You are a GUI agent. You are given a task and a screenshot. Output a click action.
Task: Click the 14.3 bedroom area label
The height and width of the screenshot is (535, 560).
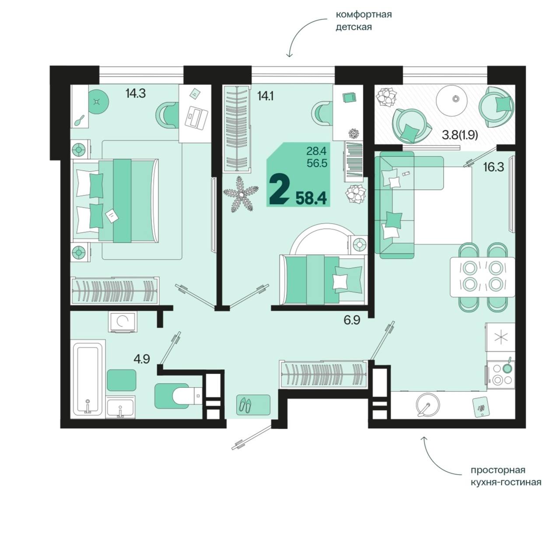(x=136, y=94)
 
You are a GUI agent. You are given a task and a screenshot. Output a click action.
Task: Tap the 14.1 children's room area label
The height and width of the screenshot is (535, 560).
(x=265, y=96)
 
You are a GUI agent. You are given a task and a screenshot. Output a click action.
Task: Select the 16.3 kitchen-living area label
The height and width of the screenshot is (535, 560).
(x=493, y=167)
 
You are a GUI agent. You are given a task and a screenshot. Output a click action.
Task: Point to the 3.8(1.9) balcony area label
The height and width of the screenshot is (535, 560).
(x=459, y=135)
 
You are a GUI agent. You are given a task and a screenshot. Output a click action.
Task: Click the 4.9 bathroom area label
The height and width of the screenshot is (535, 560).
(x=142, y=359)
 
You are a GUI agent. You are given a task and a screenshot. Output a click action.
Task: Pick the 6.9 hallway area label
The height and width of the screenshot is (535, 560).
(x=352, y=320)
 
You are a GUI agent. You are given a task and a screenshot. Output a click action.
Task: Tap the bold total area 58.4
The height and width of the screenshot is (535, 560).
(x=311, y=198)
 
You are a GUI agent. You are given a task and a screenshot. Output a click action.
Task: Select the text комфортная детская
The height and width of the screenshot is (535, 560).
(x=364, y=21)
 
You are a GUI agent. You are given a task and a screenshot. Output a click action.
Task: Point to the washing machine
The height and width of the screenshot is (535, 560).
(x=123, y=322)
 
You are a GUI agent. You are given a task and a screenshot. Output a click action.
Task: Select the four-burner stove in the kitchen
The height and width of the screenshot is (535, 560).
(x=500, y=374)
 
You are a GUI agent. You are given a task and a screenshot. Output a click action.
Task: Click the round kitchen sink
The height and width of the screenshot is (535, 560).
(x=428, y=405)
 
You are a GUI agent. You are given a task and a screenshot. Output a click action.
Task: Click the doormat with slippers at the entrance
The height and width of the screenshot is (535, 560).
(x=253, y=405)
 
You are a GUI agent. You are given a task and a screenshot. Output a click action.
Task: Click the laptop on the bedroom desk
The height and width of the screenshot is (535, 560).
(x=196, y=116)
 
